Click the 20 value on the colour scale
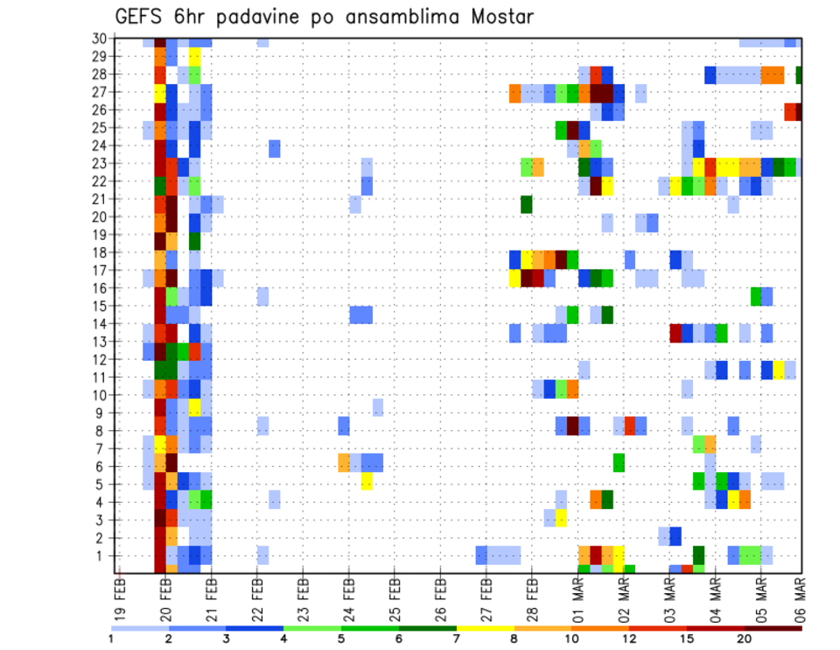[745, 639]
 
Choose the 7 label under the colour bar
[457, 639]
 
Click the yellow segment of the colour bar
[486, 628]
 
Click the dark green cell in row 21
[527, 204]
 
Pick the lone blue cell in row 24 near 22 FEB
[275, 148]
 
